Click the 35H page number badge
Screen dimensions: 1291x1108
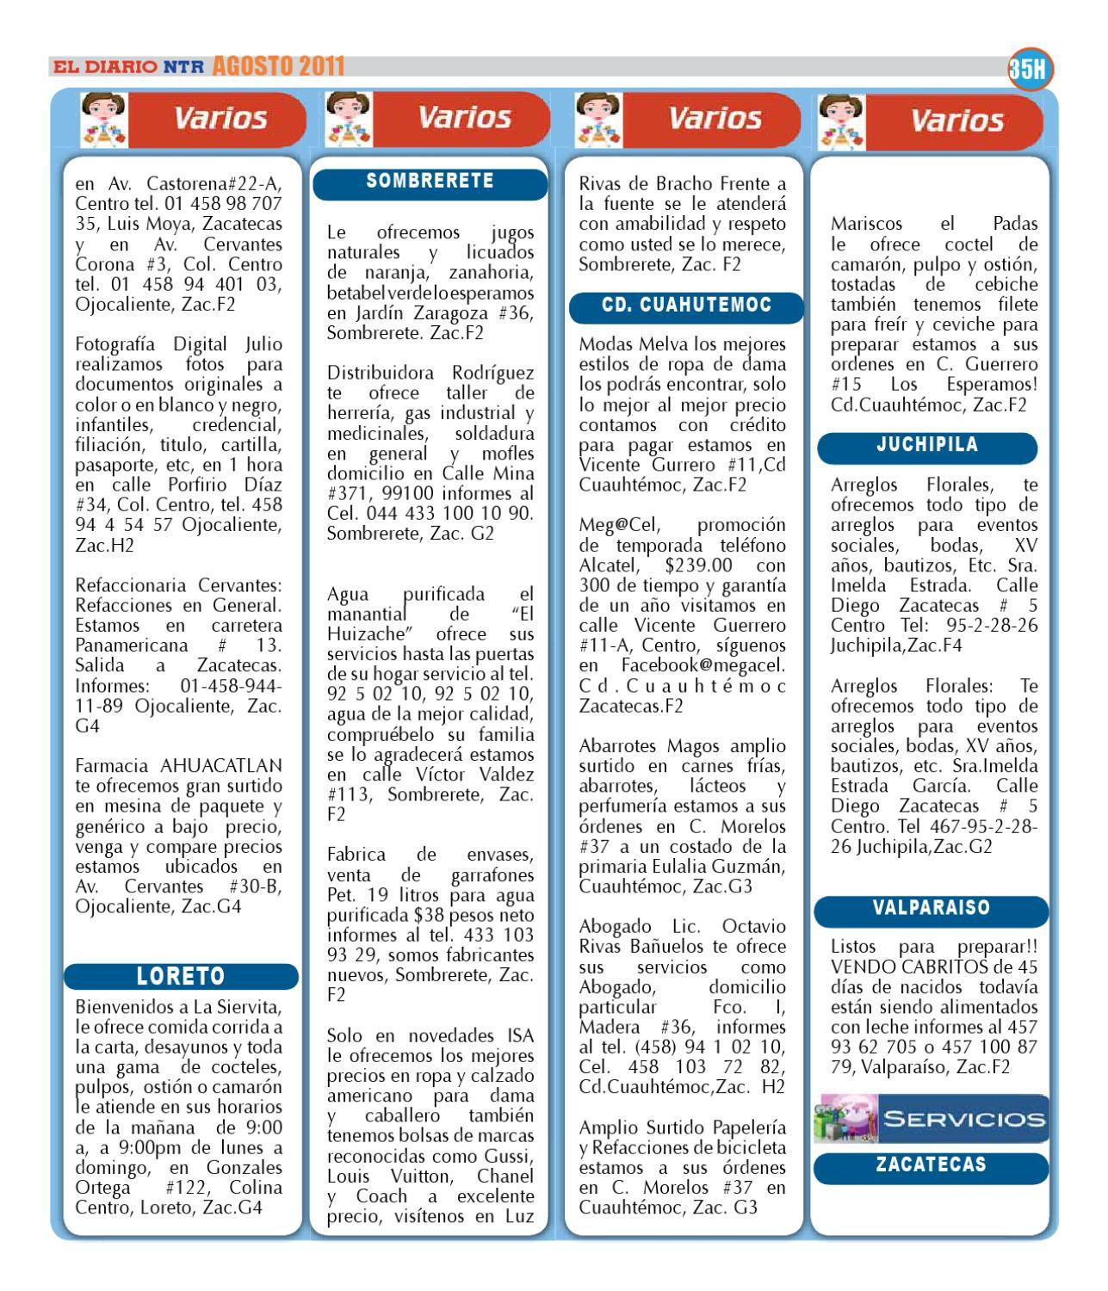pos(1031,71)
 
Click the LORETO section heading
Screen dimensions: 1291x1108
pos(182,976)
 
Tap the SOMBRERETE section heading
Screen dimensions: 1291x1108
pos(430,182)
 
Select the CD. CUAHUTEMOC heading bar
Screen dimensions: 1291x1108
pos(686,305)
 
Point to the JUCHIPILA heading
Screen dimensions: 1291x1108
pos(927,446)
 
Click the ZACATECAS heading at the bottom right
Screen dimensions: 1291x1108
pos(931,1165)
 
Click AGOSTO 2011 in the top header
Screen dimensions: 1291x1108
pos(277,66)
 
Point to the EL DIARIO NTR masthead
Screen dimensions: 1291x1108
pos(127,66)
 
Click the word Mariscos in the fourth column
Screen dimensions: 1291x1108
pos(866,224)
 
